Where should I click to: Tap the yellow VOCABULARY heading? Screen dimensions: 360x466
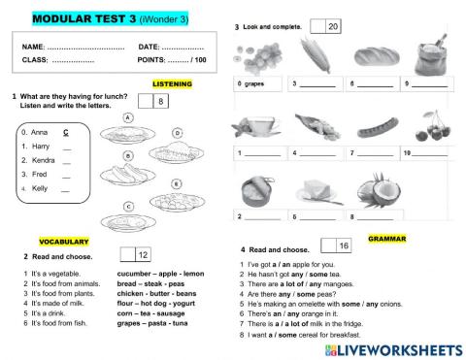click(x=64, y=241)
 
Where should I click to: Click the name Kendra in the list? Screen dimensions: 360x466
click(x=39, y=159)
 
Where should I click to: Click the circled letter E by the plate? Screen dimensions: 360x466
click(x=175, y=182)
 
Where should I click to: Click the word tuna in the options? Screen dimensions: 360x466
click(x=178, y=325)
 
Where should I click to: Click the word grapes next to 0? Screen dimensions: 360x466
click(x=257, y=85)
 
